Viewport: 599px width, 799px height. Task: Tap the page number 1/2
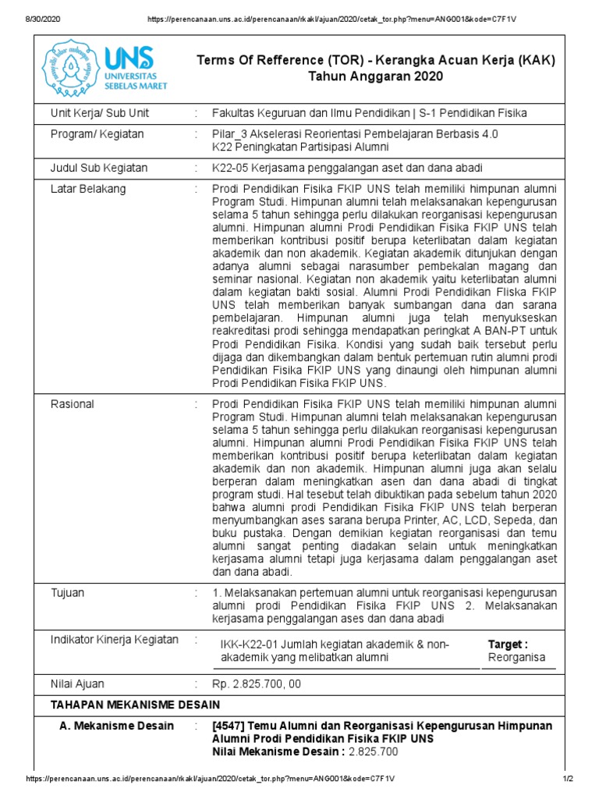coord(568,779)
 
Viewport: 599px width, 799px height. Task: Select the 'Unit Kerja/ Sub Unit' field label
coord(100,113)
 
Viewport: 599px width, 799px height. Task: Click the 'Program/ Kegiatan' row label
coord(97,134)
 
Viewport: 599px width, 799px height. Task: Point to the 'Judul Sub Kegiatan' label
coord(99,168)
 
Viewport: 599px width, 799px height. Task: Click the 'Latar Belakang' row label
coord(88,189)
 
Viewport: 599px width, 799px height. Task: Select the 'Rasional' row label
coord(73,404)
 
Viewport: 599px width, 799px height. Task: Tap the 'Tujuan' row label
coord(68,593)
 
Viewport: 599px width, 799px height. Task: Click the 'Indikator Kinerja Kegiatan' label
coord(115,640)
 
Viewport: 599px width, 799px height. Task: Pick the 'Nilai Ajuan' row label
coord(78,684)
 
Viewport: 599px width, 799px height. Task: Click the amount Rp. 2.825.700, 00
coord(257,684)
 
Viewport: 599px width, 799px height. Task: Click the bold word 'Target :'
coord(508,644)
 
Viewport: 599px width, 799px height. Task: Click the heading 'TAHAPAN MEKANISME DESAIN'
coord(135,705)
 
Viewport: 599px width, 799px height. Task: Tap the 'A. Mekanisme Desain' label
coord(117,726)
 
